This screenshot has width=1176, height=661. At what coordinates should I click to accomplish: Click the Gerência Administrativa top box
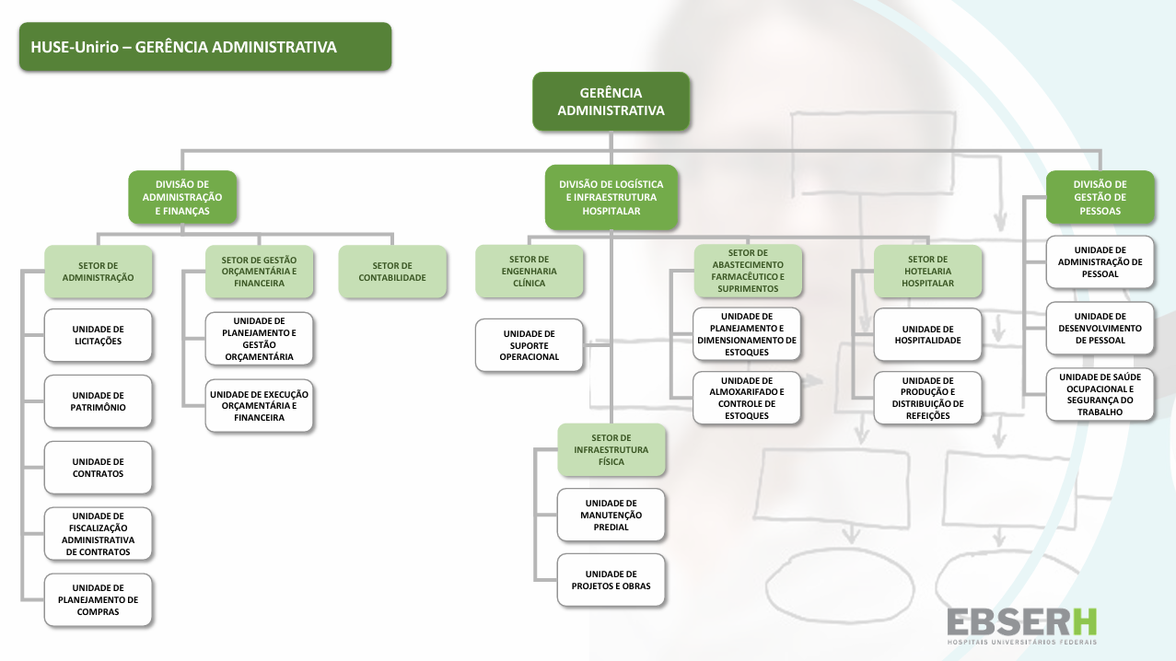pos(611,101)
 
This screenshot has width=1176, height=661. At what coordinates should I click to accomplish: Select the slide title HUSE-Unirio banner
pos(205,47)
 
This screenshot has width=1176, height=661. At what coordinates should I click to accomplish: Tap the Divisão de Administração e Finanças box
pos(182,197)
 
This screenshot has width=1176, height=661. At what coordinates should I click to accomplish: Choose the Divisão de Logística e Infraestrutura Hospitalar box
pos(611,197)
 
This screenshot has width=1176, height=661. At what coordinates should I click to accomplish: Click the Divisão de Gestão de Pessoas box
pos(1100,197)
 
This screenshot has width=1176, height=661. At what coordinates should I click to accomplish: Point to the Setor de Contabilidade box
pos(392,272)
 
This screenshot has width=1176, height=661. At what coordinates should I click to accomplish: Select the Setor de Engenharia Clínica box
pos(530,272)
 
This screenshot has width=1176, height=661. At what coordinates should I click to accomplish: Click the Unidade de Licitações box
pos(98,335)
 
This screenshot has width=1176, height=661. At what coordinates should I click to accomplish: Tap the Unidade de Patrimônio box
pos(98,401)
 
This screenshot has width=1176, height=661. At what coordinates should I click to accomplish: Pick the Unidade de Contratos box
pos(98,468)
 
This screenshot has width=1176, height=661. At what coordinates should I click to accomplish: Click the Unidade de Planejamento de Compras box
pos(98,599)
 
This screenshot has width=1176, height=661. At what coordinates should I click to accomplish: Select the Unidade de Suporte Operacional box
pos(530,345)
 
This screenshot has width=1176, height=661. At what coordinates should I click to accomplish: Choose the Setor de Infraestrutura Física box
pos(611,449)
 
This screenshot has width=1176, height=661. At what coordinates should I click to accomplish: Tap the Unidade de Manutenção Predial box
pos(611,515)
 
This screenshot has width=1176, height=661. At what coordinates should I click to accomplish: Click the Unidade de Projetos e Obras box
pos(611,580)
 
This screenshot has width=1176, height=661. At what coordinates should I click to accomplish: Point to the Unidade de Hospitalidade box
pos(927,335)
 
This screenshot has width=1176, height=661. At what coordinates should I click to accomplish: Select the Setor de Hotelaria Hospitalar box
pos(927,272)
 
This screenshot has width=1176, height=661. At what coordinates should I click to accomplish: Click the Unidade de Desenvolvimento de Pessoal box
pos(1100,328)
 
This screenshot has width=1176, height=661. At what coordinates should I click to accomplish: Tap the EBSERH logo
pos(1022,625)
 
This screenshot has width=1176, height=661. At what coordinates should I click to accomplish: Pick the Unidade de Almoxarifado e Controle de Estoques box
pos(747,398)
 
